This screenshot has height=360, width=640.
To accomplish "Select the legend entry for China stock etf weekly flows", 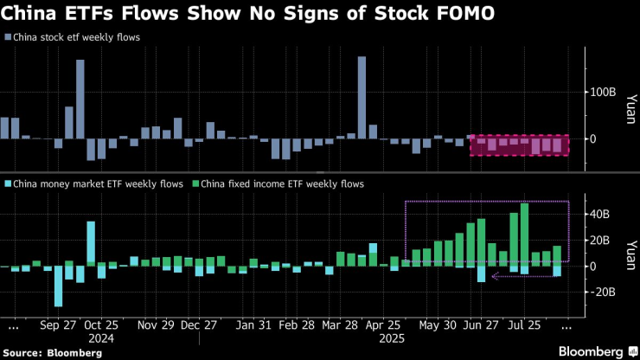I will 77,37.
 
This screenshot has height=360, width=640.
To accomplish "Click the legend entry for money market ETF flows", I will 99,183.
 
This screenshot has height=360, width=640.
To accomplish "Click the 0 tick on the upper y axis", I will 592,138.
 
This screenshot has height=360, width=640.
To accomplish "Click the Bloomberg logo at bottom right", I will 581,351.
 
